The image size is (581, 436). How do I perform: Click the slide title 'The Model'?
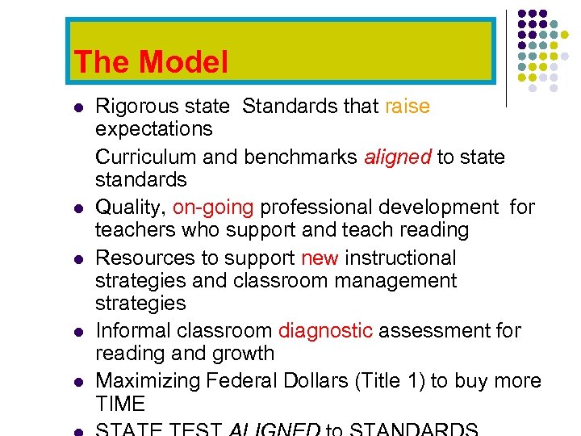pyautogui.click(x=151, y=63)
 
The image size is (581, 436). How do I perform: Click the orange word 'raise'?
pyautogui.click(x=408, y=107)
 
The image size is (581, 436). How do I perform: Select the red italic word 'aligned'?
pyautogui.click(x=398, y=157)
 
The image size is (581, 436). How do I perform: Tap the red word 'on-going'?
pyautogui.click(x=213, y=208)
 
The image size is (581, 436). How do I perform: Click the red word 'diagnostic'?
pyautogui.click(x=325, y=331)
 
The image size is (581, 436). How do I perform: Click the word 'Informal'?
pyautogui.click(x=129, y=331)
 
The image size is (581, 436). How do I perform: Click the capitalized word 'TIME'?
pyautogui.click(x=120, y=404)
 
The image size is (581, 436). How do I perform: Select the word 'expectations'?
pyautogui.click(x=153, y=129)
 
